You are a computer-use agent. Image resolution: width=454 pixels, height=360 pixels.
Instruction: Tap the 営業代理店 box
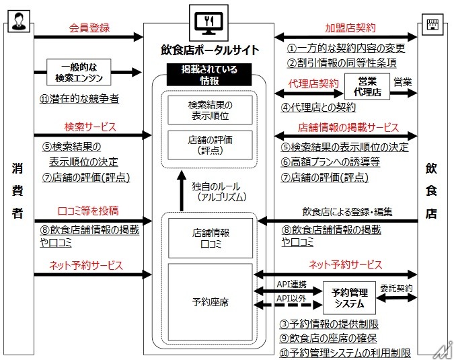367,87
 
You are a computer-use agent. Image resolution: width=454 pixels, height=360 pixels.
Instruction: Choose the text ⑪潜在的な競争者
79,99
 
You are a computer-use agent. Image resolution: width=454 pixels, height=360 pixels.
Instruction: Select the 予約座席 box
210,302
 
